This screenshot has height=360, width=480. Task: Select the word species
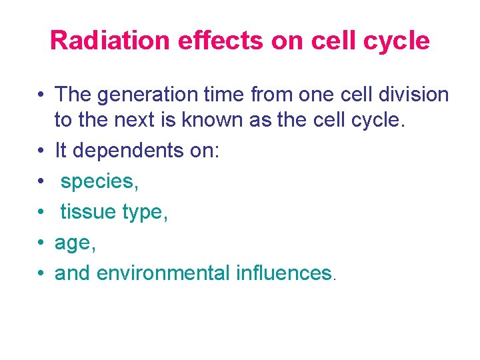99,181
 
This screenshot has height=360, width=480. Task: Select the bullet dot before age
41,243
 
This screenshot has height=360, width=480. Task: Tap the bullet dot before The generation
41,95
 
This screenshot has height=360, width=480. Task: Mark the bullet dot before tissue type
41,213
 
